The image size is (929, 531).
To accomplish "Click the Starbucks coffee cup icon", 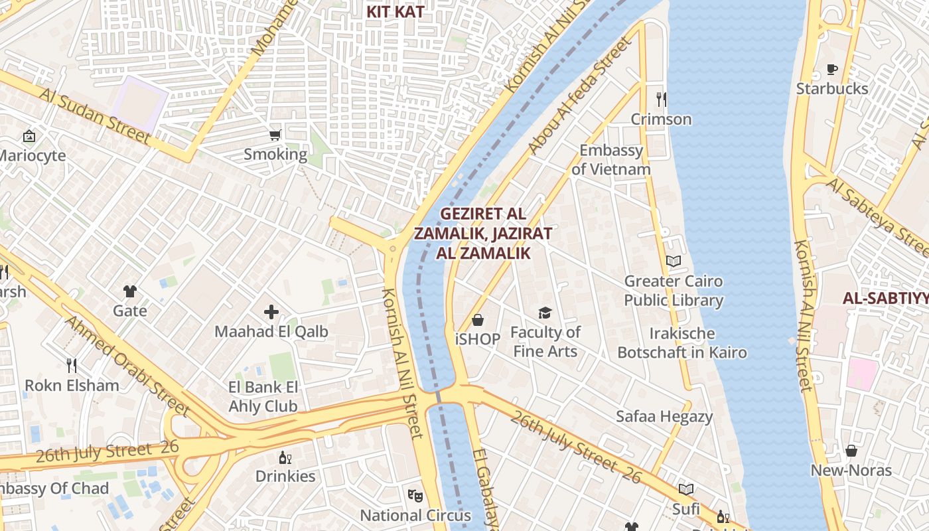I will coord(831,69).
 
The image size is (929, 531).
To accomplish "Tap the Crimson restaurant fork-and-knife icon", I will coord(661,100).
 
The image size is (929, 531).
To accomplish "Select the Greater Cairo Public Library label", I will coord(674,291).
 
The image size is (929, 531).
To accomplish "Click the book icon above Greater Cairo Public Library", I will coord(674,261).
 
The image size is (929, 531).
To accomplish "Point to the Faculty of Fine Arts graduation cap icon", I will coord(545,313).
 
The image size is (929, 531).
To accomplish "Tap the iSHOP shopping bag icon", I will coord(477,321).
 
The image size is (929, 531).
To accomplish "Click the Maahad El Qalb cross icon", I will coord(271,311).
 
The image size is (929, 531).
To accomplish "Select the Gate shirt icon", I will coord(129,291).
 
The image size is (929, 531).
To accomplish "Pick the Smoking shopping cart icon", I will coord(275,135).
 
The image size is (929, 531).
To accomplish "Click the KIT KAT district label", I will coord(395,12).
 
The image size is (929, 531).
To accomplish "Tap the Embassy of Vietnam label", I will coord(611,160).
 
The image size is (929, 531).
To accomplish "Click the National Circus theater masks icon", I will coord(415,495).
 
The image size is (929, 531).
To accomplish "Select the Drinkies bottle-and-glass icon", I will coord(285,457).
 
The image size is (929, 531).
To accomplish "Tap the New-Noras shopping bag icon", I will coord(851,451).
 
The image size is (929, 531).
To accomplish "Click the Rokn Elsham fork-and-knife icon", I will coord(72,365).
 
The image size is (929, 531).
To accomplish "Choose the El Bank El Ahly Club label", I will coord(263,397).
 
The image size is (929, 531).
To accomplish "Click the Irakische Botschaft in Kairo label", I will coord(682,342).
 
